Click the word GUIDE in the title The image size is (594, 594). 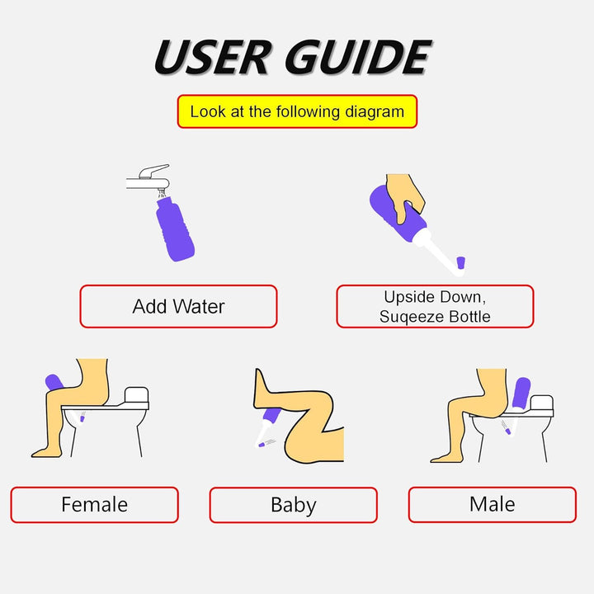tap(358, 58)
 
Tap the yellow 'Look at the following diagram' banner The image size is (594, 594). tap(297, 111)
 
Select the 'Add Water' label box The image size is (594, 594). tap(178, 307)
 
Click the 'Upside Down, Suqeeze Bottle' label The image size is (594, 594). tap(435, 307)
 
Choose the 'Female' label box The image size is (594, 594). tap(94, 505)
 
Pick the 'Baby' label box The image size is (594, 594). tap(293, 505)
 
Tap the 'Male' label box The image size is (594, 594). tap(492, 504)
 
